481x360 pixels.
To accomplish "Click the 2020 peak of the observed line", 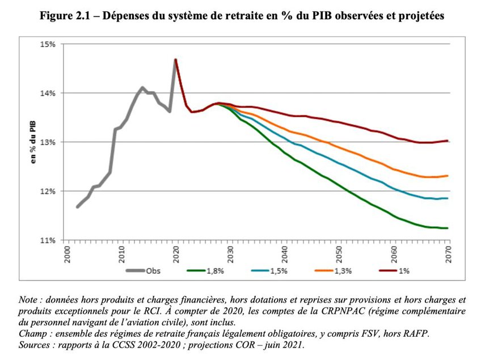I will (175, 59).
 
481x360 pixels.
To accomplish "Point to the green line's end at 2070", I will (448, 228).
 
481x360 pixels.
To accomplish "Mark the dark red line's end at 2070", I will (448, 141).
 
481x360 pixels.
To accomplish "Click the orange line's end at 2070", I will (448, 176).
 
